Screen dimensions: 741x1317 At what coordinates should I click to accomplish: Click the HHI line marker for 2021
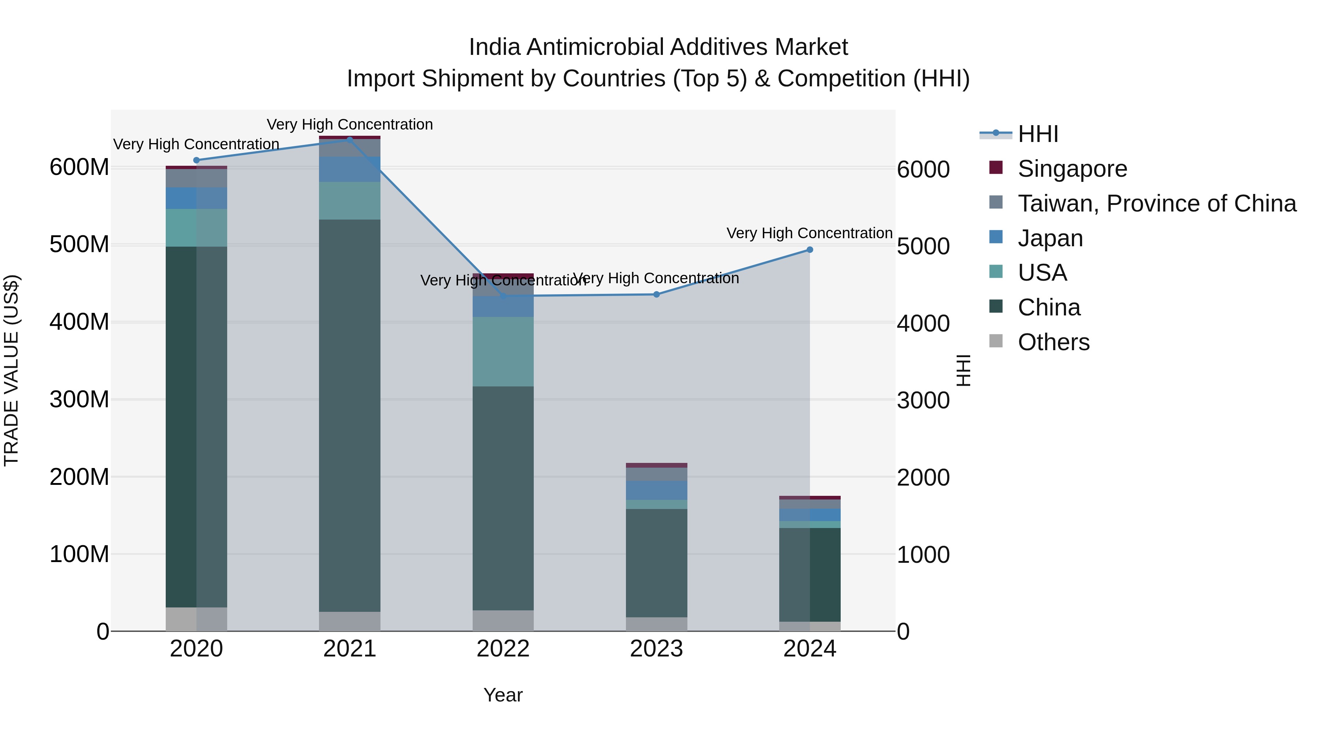tap(350, 140)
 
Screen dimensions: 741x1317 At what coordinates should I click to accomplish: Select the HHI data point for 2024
tap(810, 250)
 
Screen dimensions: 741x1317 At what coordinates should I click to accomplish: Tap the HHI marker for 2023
tap(656, 295)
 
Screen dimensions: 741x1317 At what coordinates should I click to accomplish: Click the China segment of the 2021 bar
tap(350, 415)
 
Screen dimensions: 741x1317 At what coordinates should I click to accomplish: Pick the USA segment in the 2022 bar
tap(503, 351)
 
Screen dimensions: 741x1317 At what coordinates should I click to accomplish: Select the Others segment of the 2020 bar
tap(196, 619)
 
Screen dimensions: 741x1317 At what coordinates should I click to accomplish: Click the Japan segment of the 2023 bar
tap(656, 490)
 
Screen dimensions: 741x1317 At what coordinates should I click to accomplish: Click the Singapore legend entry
tap(1072, 169)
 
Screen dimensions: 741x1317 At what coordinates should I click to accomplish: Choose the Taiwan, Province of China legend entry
tap(1156, 203)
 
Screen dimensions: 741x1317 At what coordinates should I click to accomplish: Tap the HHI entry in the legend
tap(1038, 134)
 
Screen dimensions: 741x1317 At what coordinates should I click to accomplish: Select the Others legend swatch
tap(996, 341)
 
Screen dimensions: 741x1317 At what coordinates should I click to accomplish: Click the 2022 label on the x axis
tap(503, 649)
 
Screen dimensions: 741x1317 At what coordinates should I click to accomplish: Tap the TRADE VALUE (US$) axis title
tap(11, 370)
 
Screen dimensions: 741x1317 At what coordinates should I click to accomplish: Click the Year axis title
tap(503, 695)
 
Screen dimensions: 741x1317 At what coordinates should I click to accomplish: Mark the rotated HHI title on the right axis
tap(963, 370)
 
